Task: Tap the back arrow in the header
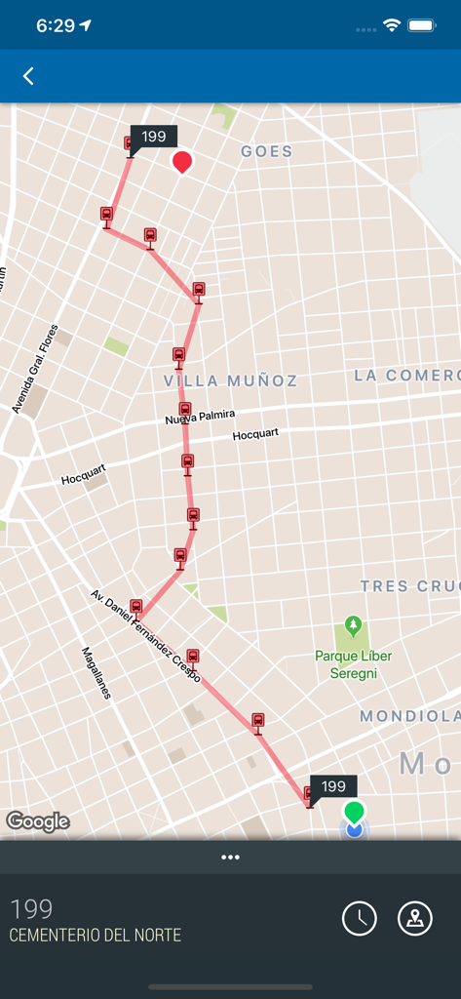pyautogui.click(x=28, y=76)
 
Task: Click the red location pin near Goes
pyautogui.click(x=181, y=161)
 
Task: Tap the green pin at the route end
pyautogui.click(x=354, y=811)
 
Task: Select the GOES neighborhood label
pyautogui.click(x=266, y=151)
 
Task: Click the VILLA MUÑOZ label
pyautogui.click(x=231, y=380)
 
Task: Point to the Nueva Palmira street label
pyautogui.click(x=200, y=418)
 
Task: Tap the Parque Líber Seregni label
pyautogui.click(x=353, y=663)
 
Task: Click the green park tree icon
pyautogui.click(x=353, y=625)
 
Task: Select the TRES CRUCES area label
pyautogui.click(x=408, y=586)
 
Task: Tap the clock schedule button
pyautogui.click(x=360, y=918)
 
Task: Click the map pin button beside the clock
pyautogui.click(x=415, y=918)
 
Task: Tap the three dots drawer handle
pyautogui.click(x=230, y=858)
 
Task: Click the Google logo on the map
pyautogui.click(x=38, y=821)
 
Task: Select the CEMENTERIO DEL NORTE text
pyautogui.click(x=96, y=936)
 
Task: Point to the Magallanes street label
pyautogui.click(x=96, y=673)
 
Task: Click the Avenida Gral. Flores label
pyautogui.click(x=36, y=369)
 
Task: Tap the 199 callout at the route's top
pyautogui.click(x=154, y=137)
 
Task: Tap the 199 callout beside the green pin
pyautogui.click(x=333, y=786)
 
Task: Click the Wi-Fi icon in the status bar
pyautogui.click(x=392, y=26)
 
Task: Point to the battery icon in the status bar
pyautogui.click(x=422, y=26)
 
